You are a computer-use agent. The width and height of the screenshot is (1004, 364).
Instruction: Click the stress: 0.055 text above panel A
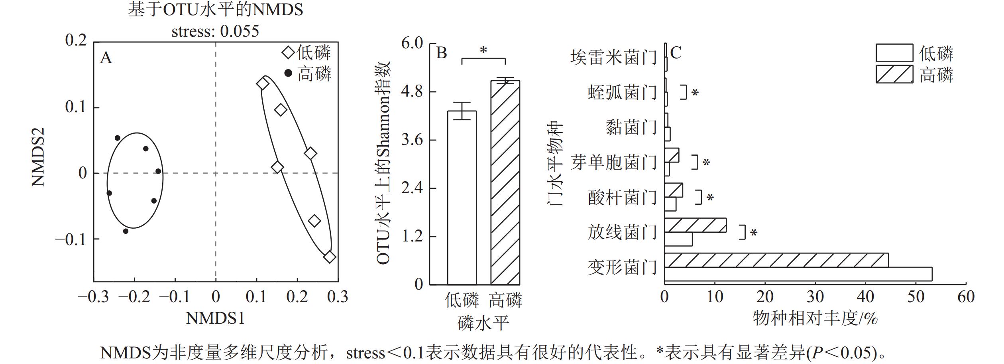click(215, 31)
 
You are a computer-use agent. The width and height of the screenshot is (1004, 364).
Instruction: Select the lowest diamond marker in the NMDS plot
click(329, 257)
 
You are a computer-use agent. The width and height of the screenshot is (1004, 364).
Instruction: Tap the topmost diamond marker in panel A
click(262, 84)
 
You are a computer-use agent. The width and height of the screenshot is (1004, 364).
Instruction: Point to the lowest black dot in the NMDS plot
click(126, 231)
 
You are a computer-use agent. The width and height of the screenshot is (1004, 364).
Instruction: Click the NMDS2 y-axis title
click(38, 157)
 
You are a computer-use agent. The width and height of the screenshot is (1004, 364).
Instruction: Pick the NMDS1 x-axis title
click(215, 318)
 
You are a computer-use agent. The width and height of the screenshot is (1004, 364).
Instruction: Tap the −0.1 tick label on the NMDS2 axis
click(71, 239)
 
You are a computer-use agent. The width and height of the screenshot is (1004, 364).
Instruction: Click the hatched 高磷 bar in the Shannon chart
click(505, 182)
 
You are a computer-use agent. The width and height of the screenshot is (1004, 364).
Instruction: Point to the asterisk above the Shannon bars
click(483, 51)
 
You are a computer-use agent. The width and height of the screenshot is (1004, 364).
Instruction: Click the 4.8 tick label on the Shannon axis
click(412, 92)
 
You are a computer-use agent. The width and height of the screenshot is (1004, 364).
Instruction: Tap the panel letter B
click(442, 53)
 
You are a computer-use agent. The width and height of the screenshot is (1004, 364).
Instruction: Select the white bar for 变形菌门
click(798, 274)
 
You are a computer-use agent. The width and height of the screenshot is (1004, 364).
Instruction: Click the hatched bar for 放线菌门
click(696, 225)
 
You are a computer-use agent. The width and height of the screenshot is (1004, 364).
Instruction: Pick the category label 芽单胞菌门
click(613, 162)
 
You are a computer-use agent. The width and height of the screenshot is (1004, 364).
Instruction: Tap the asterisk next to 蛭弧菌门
click(695, 93)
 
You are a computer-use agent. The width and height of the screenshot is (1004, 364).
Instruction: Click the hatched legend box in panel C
click(894, 74)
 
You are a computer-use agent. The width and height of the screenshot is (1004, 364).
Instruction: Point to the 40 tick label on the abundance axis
click(865, 297)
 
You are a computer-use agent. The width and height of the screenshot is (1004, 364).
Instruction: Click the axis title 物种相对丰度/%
click(815, 318)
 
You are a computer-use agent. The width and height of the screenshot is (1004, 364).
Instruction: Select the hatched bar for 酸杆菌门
click(674, 190)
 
